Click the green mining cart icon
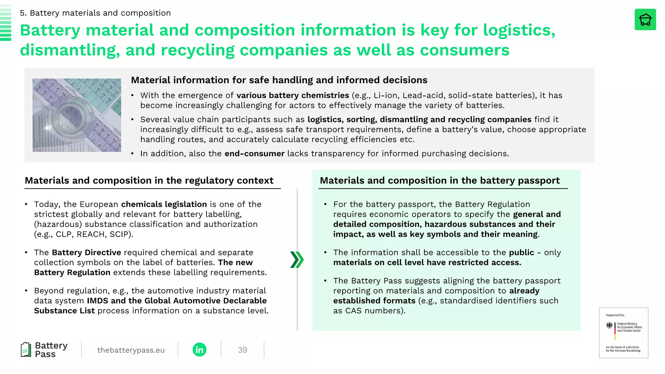click(x=645, y=20)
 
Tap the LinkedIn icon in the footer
click(x=199, y=350)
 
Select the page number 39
click(x=242, y=350)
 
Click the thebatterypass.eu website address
click(x=131, y=350)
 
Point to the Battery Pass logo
click(x=44, y=350)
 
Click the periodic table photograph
click(x=77, y=115)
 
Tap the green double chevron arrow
click(x=297, y=259)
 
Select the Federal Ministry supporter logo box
click(x=623, y=333)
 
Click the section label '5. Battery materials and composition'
click(x=95, y=13)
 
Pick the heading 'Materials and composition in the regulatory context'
click(x=149, y=181)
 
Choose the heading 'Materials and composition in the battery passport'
click(x=440, y=181)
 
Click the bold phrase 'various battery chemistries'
click(x=293, y=95)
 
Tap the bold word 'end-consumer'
click(x=255, y=154)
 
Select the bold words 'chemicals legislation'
click(x=164, y=204)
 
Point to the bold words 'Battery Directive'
click(x=86, y=253)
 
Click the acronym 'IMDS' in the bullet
click(x=97, y=301)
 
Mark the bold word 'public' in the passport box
click(x=521, y=253)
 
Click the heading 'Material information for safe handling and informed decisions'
click(x=279, y=80)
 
